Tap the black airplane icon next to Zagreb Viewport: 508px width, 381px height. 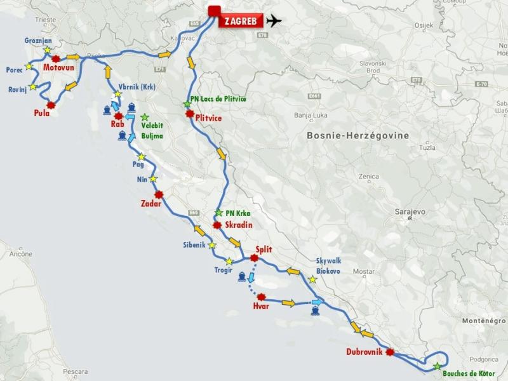pyautogui.click(x=274, y=20)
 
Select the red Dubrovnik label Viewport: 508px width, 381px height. pyautogui.click(x=364, y=352)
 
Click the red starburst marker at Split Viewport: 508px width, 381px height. pyautogui.click(x=255, y=258)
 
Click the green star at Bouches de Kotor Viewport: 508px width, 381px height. pyautogui.click(x=437, y=366)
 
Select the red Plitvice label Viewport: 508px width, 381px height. pyautogui.click(x=209, y=117)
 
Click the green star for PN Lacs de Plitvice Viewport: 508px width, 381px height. pyautogui.click(x=186, y=104)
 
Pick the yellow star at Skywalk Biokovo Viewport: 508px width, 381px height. pyautogui.click(x=312, y=279)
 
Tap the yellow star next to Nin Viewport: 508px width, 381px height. pyautogui.click(x=153, y=180)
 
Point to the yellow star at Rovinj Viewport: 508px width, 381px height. pyautogui.click(x=33, y=86)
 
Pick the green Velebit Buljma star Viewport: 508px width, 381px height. pyautogui.click(x=145, y=117)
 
